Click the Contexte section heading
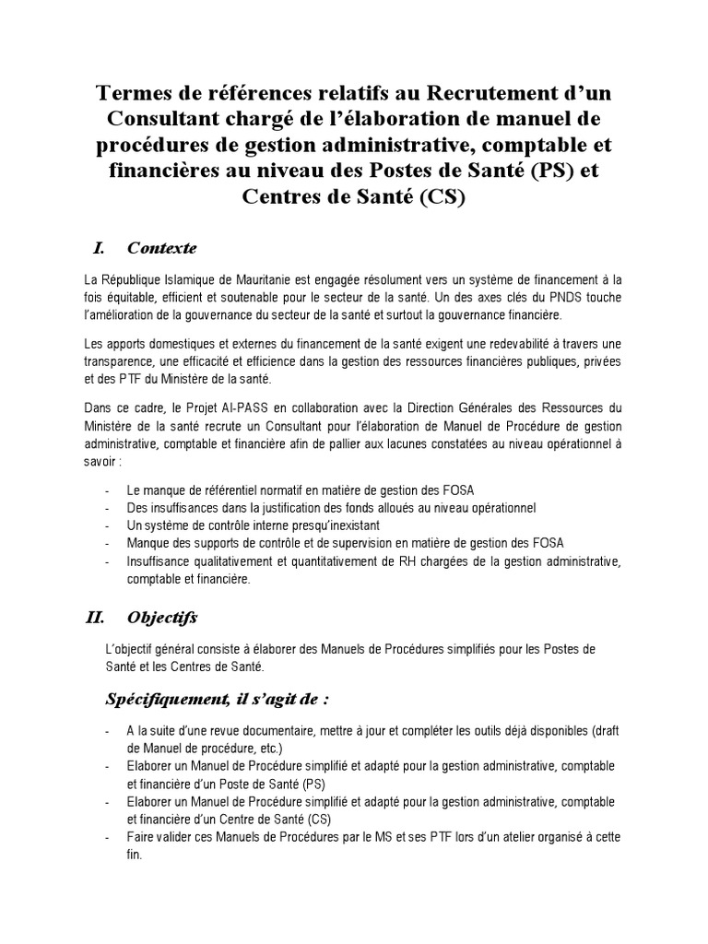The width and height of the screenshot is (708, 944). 161,248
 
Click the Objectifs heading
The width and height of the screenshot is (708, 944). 162,617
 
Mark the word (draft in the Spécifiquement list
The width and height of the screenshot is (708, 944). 604,731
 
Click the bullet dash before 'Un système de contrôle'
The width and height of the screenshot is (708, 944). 110,525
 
